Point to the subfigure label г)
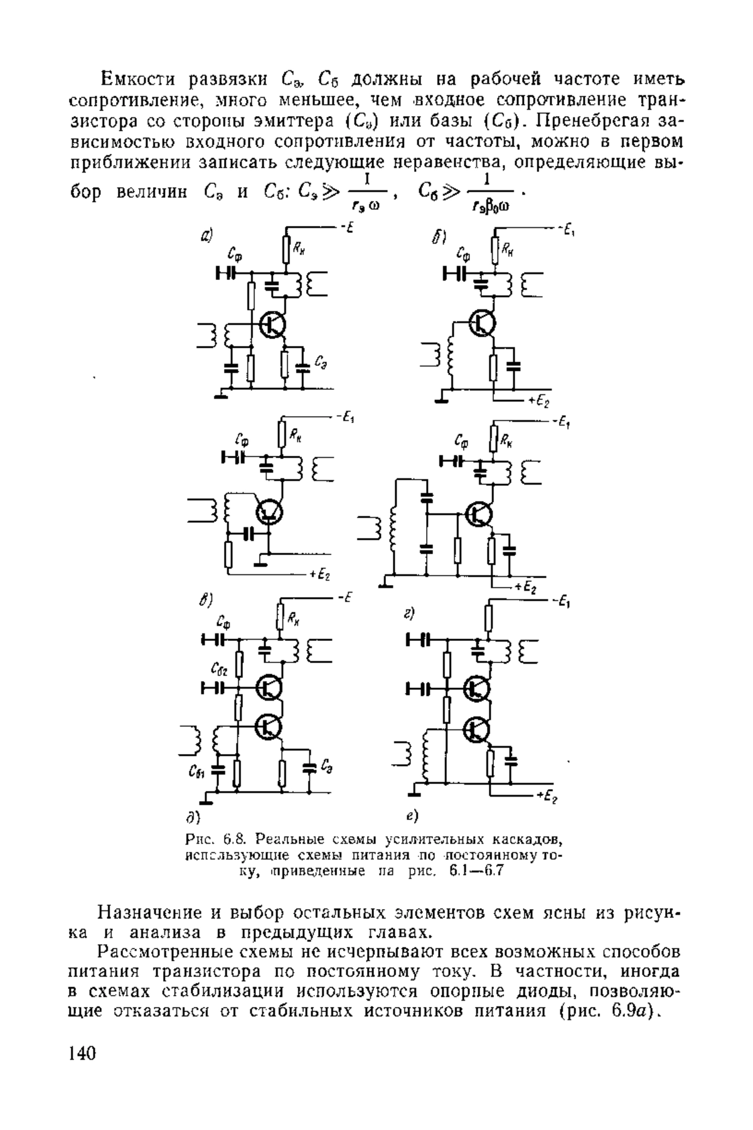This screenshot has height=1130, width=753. (x=410, y=613)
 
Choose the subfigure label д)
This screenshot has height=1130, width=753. (x=192, y=817)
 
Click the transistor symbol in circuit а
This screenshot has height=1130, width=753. (x=274, y=325)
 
